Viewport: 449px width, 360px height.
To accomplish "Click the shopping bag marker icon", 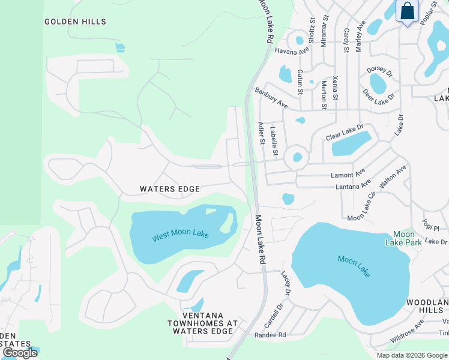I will tap(408, 12).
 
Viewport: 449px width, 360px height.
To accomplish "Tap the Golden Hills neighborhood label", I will tap(76, 22).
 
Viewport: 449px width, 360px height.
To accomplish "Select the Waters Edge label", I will tap(170, 189).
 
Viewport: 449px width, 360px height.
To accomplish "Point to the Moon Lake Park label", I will tap(403, 238).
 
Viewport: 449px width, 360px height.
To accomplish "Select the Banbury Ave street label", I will tap(271, 98).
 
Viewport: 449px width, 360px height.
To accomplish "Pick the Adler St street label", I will tap(261, 134).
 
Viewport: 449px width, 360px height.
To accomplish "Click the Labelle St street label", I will tap(274, 141).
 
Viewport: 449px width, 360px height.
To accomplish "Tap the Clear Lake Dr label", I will tap(345, 133).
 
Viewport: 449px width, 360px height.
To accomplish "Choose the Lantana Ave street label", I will tap(348, 187).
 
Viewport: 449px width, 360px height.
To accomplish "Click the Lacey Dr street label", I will tap(286, 282).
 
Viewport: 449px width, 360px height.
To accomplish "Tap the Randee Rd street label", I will tap(270, 335).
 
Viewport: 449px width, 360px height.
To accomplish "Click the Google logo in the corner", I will tap(20, 353).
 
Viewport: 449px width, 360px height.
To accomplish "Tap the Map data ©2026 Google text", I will tap(411, 355).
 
